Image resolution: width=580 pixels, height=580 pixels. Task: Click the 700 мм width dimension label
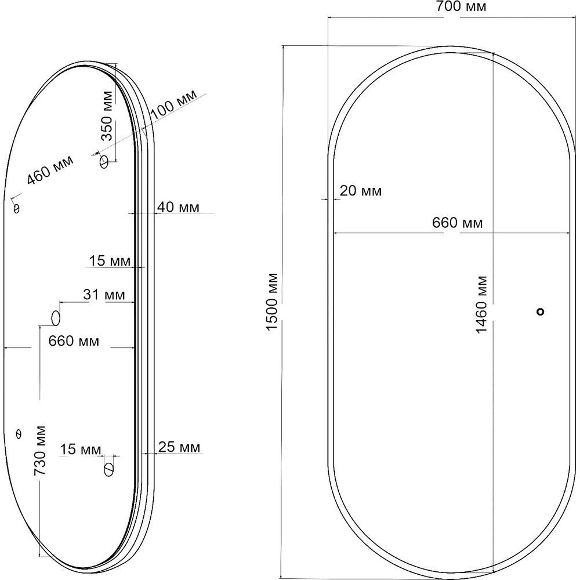point(461,6)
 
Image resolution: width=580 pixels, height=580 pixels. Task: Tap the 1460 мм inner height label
point(481,304)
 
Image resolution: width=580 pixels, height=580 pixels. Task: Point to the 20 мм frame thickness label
point(361,191)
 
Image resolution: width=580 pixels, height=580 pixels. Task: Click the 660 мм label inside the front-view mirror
point(458,223)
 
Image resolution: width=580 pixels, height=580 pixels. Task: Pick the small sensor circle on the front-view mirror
point(541,312)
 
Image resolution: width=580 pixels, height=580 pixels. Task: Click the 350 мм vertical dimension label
point(107,116)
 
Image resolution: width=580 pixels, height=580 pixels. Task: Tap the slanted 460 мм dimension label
point(50,170)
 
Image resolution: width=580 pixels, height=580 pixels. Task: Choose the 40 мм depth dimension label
point(179,207)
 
